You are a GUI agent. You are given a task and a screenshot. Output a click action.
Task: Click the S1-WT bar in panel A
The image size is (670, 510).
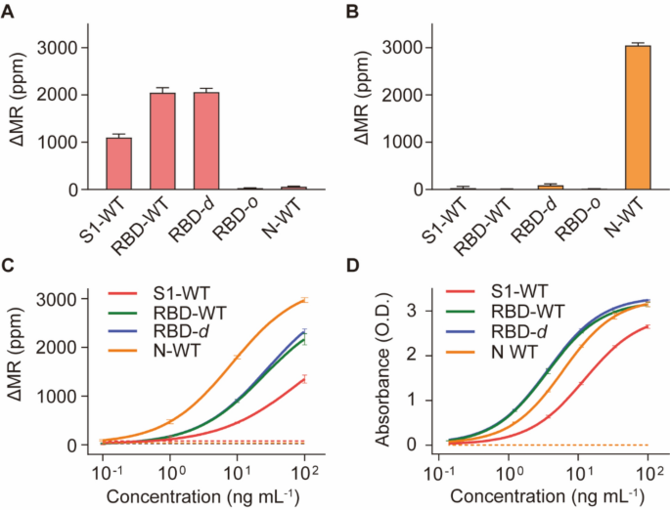(118, 163)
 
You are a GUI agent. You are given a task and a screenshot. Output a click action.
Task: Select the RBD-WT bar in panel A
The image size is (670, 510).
(161, 141)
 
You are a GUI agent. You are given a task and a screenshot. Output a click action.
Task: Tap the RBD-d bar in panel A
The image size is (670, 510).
(205, 141)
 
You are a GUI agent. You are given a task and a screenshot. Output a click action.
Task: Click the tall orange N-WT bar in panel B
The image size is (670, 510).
(638, 117)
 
